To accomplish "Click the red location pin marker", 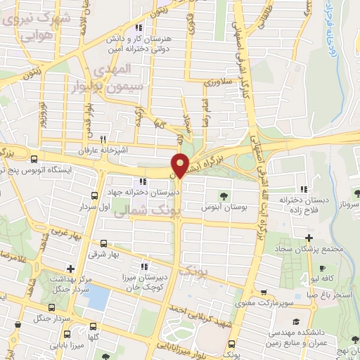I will pyautogui.click(x=181, y=165).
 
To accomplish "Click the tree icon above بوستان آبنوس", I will pyautogui.click(x=223, y=195).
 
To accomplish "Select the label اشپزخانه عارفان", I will pyautogui.click(x=106, y=150).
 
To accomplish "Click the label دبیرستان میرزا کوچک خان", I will pyautogui.click(x=144, y=281).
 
